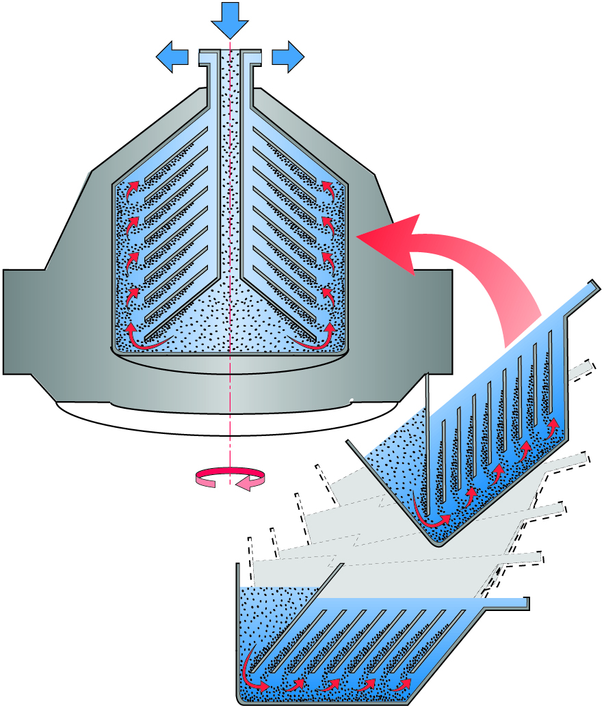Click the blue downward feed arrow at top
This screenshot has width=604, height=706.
point(230,21)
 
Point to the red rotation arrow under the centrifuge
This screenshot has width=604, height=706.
point(230,477)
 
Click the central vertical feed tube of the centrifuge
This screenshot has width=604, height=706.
point(230,171)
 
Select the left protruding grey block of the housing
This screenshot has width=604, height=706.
point(24,321)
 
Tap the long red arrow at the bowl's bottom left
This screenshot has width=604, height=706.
point(147,342)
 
